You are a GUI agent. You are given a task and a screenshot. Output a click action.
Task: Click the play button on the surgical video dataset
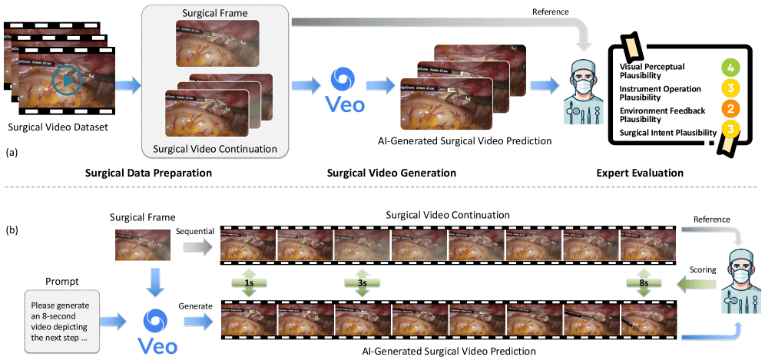click(x=67, y=80)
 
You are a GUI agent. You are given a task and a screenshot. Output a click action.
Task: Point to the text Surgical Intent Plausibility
click(x=667, y=133)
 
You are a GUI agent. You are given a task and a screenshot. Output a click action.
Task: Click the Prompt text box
click(x=61, y=322)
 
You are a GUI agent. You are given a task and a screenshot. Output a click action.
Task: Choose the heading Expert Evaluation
click(x=640, y=173)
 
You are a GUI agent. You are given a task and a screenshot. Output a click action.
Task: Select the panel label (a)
click(x=12, y=153)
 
